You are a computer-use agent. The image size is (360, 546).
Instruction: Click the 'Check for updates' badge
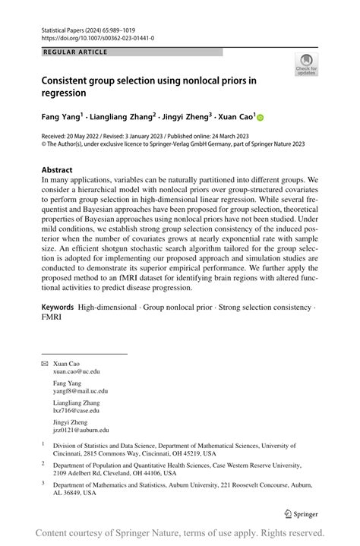[x=305, y=64]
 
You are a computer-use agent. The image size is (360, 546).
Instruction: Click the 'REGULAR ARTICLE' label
[x=76, y=52]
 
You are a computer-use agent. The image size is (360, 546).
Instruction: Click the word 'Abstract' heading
[x=57, y=170]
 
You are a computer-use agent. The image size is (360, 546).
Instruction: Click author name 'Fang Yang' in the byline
[x=60, y=118]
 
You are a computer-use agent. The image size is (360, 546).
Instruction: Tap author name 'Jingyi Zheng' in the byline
[x=184, y=118]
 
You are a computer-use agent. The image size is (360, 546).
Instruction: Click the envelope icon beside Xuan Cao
[x=44, y=365]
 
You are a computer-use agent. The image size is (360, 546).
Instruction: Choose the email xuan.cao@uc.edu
[x=76, y=372]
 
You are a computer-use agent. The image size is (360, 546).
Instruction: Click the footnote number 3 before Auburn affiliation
[x=44, y=483]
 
